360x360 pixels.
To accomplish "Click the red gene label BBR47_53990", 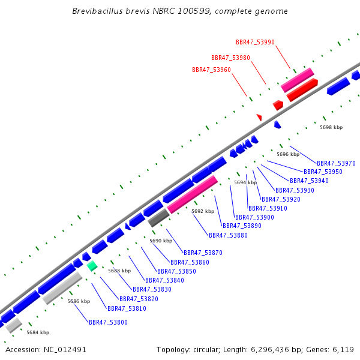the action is click(x=255, y=42).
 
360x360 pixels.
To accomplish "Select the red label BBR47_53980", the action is click(x=230, y=58).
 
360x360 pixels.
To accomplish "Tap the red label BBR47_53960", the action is click(x=211, y=70).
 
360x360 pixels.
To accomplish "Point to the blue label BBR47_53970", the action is click(x=336, y=163).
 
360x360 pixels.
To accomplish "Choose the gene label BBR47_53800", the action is click(x=108, y=322).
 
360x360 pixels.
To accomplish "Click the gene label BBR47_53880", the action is click(x=228, y=235).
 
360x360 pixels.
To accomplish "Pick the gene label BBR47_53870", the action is click(x=203, y=253).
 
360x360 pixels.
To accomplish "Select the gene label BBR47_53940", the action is click(x=309, y=181).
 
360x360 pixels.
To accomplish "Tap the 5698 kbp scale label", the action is click(x=331, y=127).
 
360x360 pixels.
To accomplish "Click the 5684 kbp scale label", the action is click(x=38, y=332).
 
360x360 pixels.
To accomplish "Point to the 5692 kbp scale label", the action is click(x=203, y=211).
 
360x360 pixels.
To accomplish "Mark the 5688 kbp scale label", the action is click(x=119, y=271).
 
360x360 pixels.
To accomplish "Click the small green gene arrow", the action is click(x=92, y=266).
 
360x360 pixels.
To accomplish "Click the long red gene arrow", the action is click(x=302, y=89).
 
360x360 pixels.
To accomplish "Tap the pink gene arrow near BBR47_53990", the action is click(x=297, y=80).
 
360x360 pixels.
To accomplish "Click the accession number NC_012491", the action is click(x=46, y=349).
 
